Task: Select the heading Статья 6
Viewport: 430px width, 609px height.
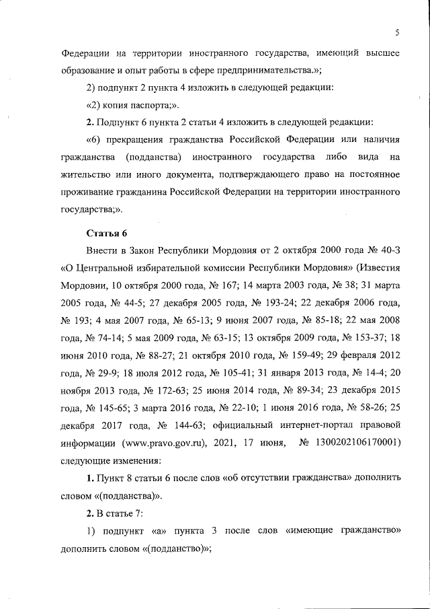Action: [x=107, y=234]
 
